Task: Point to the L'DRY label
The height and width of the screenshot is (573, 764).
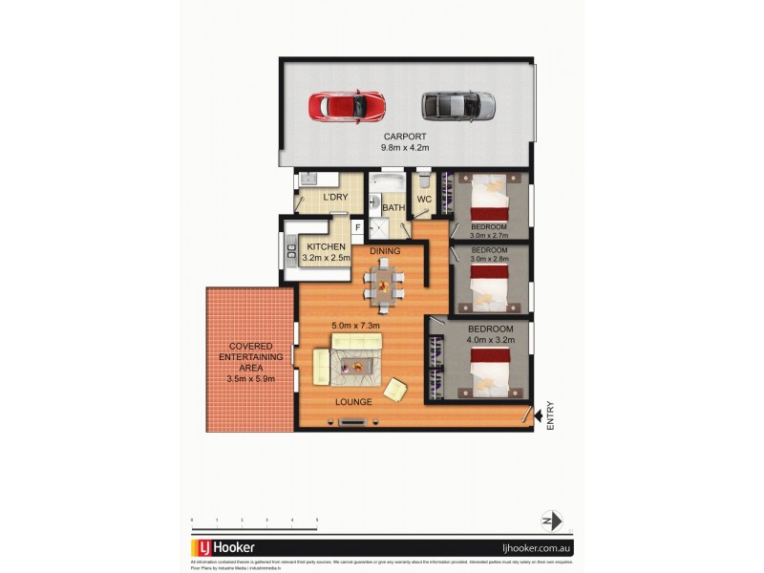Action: coord(335,198)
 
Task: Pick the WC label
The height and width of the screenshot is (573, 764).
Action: coord(425,199)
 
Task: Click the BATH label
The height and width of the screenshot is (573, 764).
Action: coord(393,207)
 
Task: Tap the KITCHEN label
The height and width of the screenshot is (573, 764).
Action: coord(326,246)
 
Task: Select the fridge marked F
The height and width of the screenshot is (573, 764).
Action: coord(357,228)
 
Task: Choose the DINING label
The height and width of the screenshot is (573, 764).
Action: coord(385,251)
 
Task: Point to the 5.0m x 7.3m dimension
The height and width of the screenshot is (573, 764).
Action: coord(356,327)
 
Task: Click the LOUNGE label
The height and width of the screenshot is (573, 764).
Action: coord(353,401)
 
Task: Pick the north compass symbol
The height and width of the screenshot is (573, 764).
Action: coord(546,520)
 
